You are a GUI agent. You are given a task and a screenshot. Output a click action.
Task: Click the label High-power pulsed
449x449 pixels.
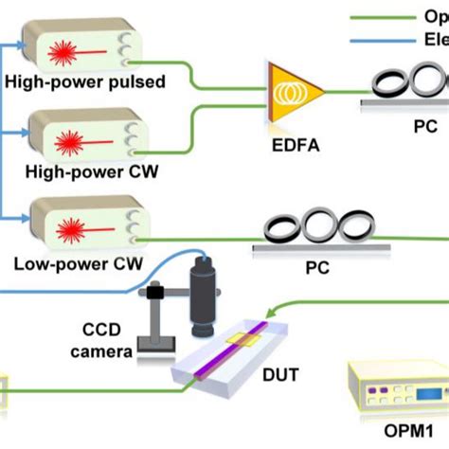pos(84,82)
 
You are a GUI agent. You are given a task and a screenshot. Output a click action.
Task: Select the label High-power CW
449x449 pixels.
pos(80,173)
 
